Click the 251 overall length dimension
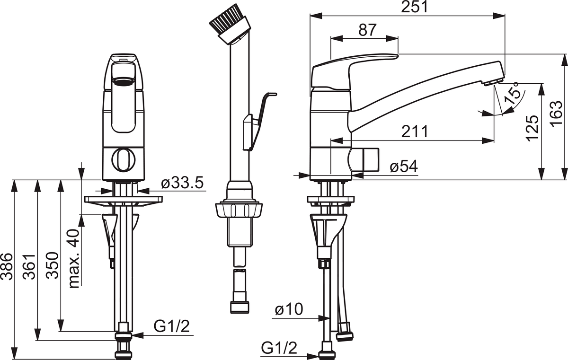click(414, 7)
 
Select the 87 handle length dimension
click(367, 30)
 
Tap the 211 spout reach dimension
click(415, 131)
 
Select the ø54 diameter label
click(404, 167)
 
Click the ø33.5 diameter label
click(183, 183)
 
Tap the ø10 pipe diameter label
click(289, 309)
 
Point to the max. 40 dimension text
click(75, 258)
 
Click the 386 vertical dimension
click(7, 266)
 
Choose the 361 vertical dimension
click(30, 266)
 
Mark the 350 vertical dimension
click(53, 265)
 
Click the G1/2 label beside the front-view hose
click(172, 326)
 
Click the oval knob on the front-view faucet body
click(124, 160)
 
